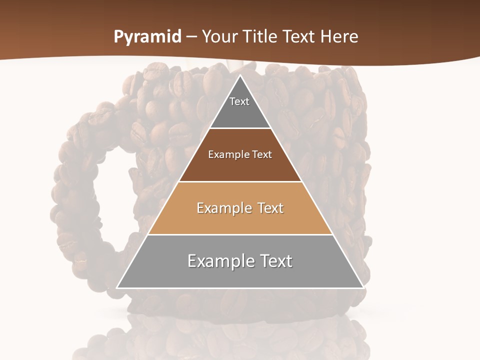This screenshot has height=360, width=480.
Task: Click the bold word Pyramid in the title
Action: coord(147,37)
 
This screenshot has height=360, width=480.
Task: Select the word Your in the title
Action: coord(219,37)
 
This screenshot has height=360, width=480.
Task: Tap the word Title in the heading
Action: coord(260,37)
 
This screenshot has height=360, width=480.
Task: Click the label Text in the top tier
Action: coord(239,101)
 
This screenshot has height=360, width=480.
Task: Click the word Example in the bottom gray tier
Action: coord(218,261)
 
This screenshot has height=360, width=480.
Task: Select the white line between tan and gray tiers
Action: coord(240,234)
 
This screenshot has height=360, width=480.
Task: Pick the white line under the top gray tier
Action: coord(240,128)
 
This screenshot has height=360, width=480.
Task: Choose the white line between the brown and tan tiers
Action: coord(240,181)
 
